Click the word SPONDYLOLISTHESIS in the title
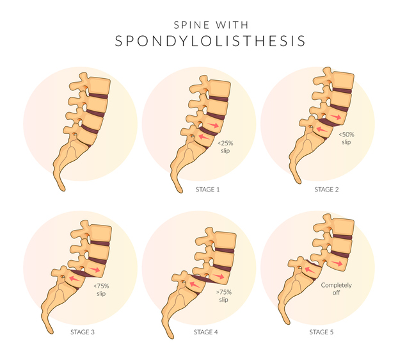[210, 41]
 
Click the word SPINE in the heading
[191, 25]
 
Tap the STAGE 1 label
[207, 190]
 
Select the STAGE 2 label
[326, 190]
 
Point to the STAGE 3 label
[83, 332]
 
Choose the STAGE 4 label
[205, 332]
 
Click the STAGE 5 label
[321, 332]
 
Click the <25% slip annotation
[225, 147]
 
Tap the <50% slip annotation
[346, 138]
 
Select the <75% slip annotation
[101, 290]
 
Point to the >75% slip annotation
[223, 296]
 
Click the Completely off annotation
[336, 289]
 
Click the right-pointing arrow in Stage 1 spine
[213, 125]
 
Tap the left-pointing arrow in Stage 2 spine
[322, 129]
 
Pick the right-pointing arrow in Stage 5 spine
[337, 263]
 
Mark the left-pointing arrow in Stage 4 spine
[195, 284]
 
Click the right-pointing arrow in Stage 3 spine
[95, 269]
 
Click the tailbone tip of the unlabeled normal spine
[63, 189]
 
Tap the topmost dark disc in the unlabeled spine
[99, 96]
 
